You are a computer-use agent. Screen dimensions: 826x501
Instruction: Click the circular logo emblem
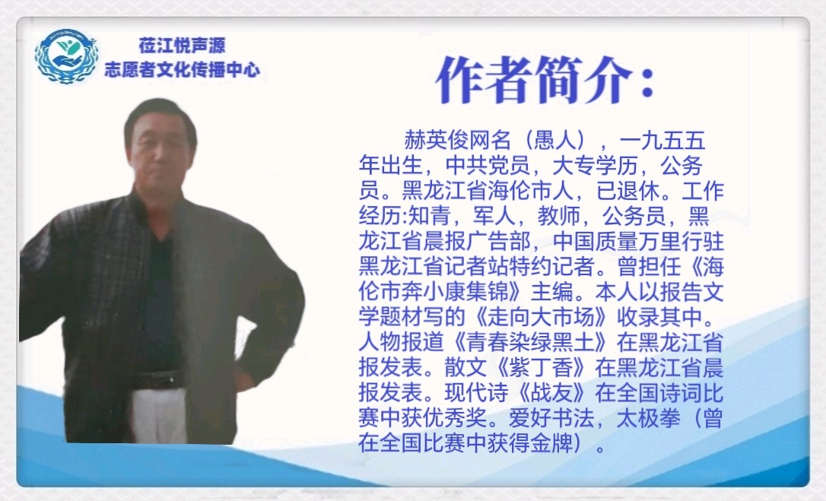(x=66, y=56)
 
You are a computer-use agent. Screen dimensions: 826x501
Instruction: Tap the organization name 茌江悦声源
(x=183, y=46)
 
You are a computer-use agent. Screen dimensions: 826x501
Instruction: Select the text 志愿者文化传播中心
(x=183, y=69)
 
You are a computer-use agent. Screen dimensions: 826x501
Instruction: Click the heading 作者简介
(x=545, y=80)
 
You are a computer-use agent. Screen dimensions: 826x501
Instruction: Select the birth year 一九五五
(x=662, y=140)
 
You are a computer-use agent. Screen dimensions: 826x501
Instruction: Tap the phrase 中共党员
(x=488, y=166)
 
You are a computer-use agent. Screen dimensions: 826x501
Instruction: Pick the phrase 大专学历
(x=596, y=166)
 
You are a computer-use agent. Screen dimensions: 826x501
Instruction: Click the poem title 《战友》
(x=552, y=393)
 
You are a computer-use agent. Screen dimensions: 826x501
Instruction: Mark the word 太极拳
(x=649, y=418)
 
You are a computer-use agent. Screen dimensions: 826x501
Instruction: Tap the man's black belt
(x=159, y=379)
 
